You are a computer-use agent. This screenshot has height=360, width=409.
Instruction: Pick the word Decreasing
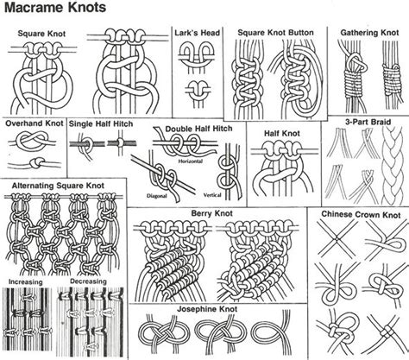coord(86,281)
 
